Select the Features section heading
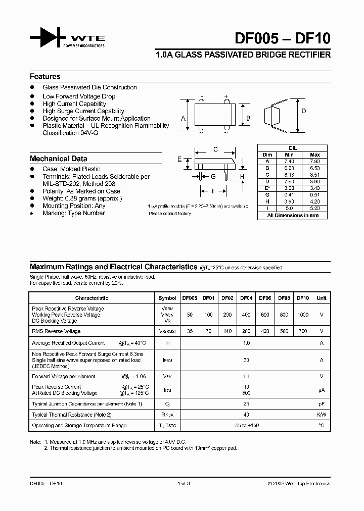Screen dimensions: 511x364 (45, 77)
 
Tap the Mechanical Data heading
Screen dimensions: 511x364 (58, 159)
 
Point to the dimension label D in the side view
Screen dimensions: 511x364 (303, 111)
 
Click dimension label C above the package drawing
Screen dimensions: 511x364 (215, 149)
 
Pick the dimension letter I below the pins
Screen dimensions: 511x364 (213, 191)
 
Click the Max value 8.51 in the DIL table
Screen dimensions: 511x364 (314, 175)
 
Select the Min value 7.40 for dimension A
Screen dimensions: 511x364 (289, 162)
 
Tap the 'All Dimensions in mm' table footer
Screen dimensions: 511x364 (293, 215)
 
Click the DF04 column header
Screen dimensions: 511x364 (246, 298)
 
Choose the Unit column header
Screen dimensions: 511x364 (322, 298)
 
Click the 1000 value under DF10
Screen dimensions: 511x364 (302, 315)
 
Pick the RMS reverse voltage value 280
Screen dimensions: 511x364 (246, 331)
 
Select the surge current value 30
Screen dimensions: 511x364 (246, 360)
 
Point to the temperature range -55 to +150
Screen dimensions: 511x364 (246, 425)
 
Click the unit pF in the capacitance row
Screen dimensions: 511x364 (322, 404)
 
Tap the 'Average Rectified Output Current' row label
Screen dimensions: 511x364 (69, 343)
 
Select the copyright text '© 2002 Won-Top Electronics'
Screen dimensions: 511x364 (299, 484)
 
